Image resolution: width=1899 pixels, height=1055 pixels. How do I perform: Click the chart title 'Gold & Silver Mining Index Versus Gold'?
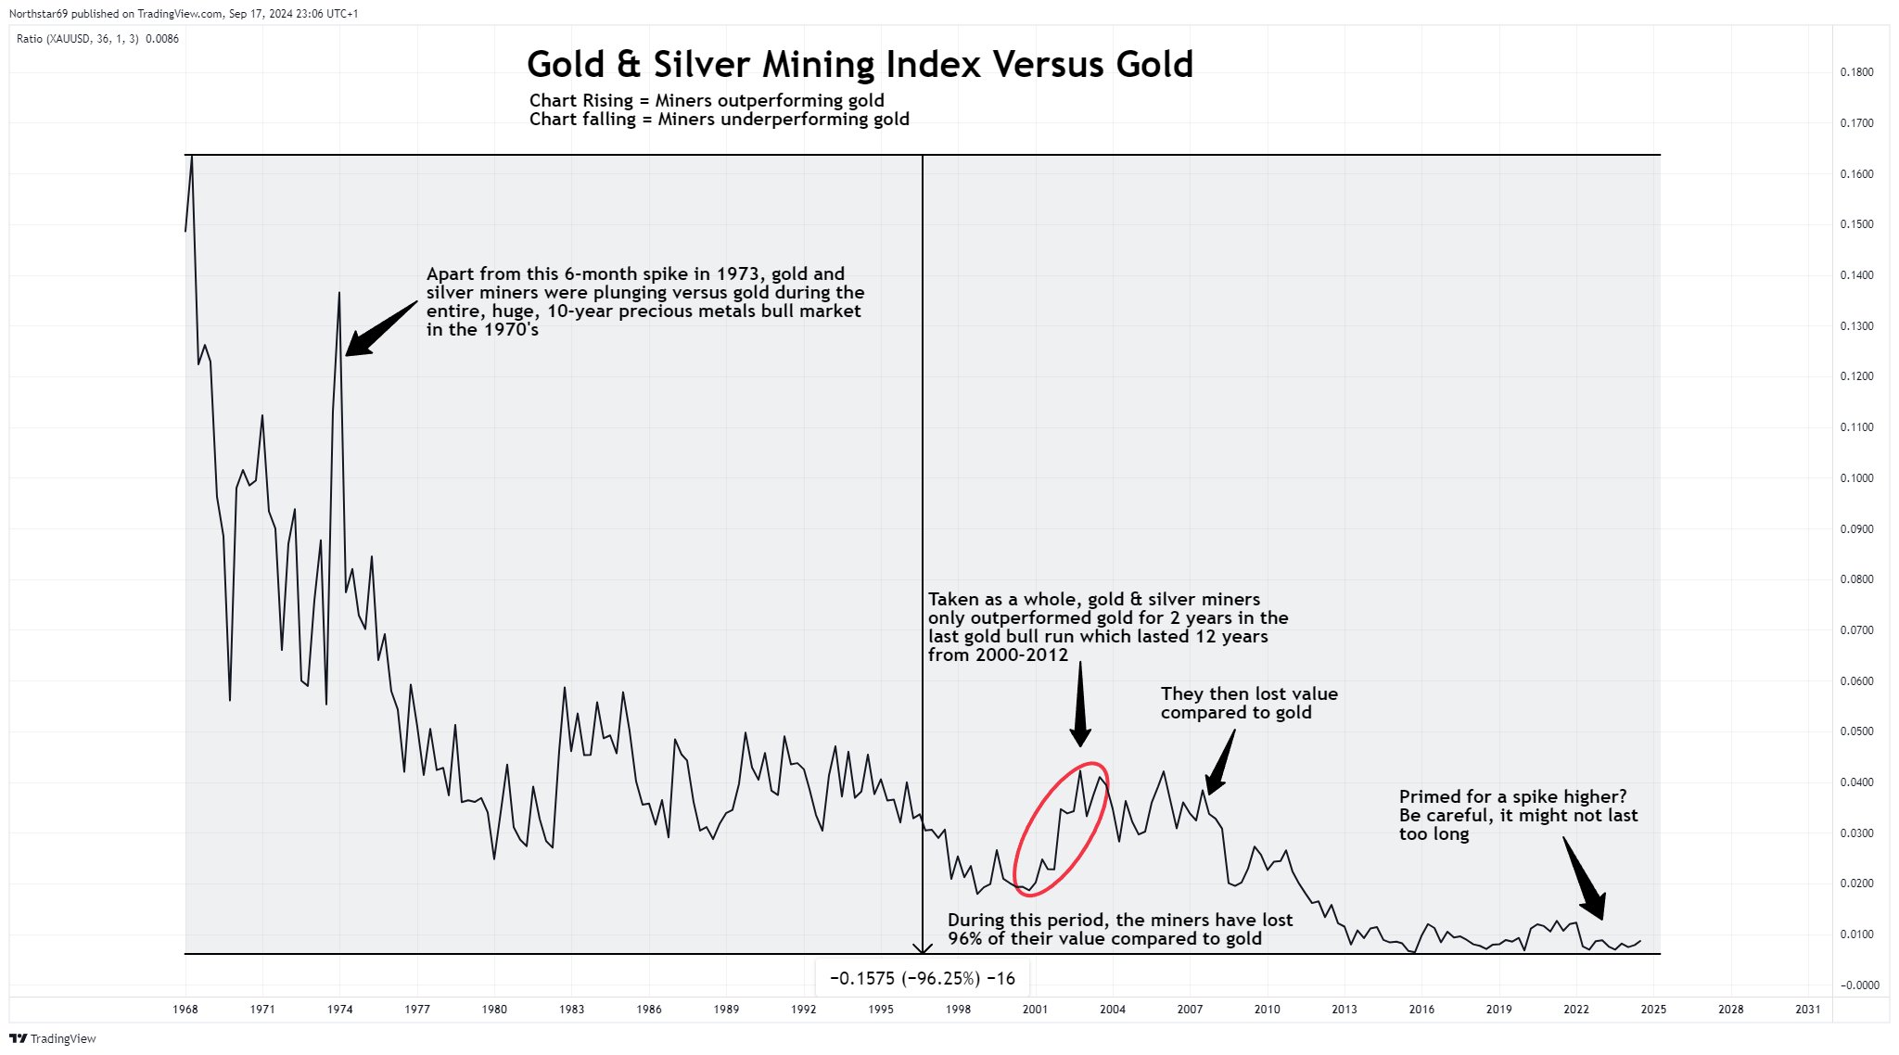point(860,65)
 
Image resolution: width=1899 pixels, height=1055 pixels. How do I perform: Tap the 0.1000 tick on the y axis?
point(1856,478)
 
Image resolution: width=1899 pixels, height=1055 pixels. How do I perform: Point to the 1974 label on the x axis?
point(339,1010)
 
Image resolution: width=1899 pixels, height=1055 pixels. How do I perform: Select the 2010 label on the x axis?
point(1267,1010)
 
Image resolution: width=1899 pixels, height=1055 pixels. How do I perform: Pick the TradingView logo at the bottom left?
point(53,1038)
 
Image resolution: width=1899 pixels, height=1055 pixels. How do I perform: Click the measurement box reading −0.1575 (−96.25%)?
point(922,978)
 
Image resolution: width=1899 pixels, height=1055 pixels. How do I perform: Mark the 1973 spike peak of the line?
point(339,294)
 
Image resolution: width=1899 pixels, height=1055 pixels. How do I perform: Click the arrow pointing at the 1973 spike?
point(380,328)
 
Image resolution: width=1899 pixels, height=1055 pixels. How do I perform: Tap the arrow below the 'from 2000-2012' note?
point(1080,709)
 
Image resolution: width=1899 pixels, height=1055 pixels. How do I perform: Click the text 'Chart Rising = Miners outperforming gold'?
point(707,100)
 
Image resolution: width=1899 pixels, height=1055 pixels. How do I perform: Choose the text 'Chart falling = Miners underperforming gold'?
point(719,120)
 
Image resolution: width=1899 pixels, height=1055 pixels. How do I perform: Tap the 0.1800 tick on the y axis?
point(1856,72)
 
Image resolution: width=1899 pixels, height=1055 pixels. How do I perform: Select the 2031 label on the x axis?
point(1807,1010)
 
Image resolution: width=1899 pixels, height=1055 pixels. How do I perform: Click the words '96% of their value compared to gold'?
point(1104,938)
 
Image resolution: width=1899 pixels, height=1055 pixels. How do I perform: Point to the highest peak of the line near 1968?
point(192,157)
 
